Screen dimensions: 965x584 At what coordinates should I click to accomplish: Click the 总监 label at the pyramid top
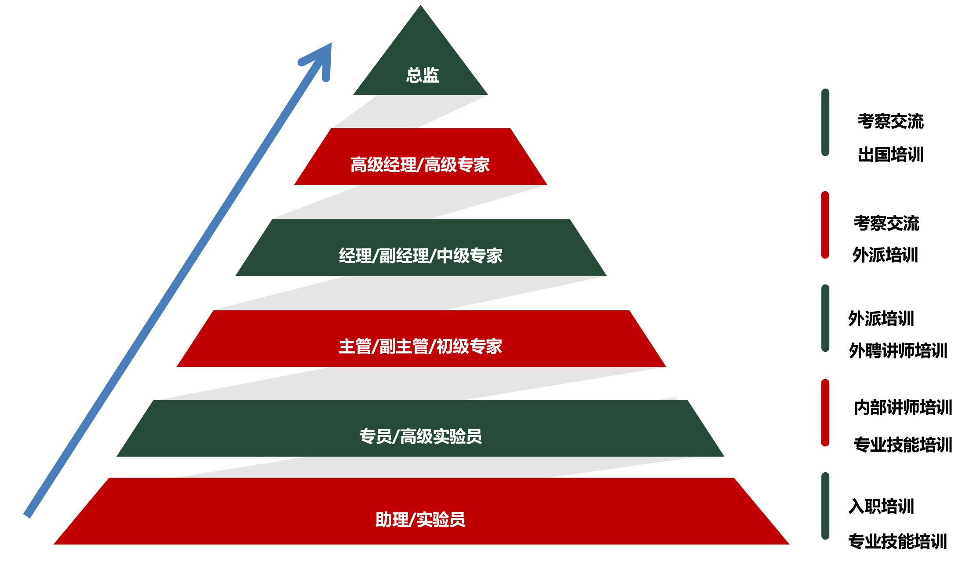tap(422, 75)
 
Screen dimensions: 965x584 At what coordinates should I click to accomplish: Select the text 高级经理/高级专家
tap(420, 165)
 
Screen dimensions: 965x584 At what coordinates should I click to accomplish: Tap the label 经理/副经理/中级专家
tap(420, 256)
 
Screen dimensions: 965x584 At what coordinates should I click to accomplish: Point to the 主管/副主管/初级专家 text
tap(420, 347)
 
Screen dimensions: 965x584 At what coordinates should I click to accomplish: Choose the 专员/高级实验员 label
tap(420, 437)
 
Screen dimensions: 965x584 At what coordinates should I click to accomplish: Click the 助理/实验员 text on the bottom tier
tap(420, 520)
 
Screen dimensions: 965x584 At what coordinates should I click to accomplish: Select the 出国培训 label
tap(891, 155)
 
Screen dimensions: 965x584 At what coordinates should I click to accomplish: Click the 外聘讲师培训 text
tap(898, 351)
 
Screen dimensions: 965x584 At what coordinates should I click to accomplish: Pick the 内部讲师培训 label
tap(903, 408)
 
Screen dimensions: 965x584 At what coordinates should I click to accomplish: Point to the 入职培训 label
tap(881, 507)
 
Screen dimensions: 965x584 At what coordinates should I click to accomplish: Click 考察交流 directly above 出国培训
tap(891, 121)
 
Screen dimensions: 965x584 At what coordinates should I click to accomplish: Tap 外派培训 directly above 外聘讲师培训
tap(881, 319)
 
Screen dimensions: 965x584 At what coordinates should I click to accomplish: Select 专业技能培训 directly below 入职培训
tap(898, 541)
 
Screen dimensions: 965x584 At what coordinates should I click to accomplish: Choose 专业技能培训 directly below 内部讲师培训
tap(903, 445)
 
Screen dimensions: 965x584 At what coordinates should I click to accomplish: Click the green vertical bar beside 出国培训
tap(825, 122)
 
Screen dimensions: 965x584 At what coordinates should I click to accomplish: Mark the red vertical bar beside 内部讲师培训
tap(825, 412)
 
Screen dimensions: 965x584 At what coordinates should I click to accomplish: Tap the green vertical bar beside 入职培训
tap(825, 506)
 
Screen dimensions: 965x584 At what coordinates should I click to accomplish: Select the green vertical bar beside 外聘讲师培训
tap(825, 318)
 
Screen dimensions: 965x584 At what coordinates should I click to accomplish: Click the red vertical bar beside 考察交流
tap(825, 225)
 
